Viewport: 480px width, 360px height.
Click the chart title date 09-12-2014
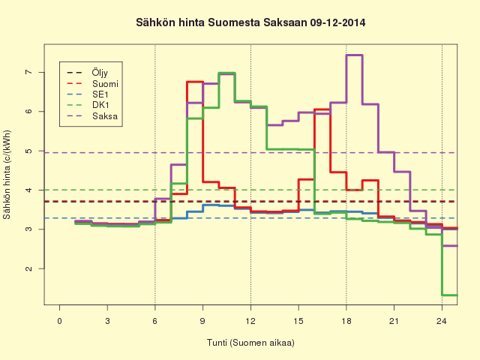click(x=337, y=22)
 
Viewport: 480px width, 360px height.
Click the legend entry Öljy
click(x=100, y=73)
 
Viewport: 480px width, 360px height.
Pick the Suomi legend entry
click(x=105, y=83)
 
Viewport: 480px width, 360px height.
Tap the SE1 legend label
click(x=100, y=94)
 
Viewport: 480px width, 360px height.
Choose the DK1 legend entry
click(x=100, y=105)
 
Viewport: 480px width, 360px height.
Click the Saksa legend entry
click(x=105, y=116)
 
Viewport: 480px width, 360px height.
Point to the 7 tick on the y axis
click(x=28, y=72)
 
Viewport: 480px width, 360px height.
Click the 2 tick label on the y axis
click(x=28, y=268)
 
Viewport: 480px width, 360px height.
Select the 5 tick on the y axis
click(x=28, y=151)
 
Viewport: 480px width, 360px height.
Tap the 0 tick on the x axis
click(x=59, y=321)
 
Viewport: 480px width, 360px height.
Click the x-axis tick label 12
click(x=250, y=321)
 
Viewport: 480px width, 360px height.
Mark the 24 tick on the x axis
click(x=442, y=321)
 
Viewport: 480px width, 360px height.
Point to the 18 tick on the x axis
click(x=346, y=321)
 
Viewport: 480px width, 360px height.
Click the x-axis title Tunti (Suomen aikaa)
click(x=250, y=343)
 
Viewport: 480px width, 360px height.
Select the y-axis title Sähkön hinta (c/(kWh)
click(x=7, y=175)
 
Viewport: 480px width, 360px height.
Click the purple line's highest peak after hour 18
click(x=354, y=55)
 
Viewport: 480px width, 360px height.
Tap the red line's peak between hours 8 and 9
click(x=195, y=82)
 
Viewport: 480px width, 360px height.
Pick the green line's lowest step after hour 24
click(x=450, y=295)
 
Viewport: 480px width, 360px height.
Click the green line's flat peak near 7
click(x=226, y=73)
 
